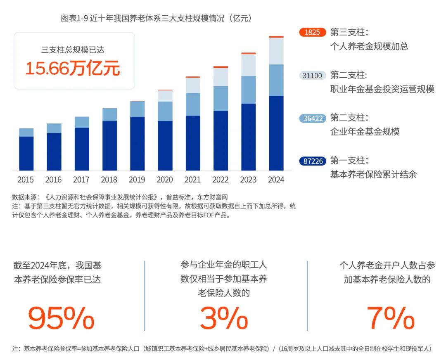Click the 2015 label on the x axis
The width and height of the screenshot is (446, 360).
[26, 180]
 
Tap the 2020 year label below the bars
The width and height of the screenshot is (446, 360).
[165, 180]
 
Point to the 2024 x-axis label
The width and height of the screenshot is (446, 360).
[276, 180]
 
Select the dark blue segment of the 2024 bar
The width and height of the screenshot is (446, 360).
[276, 133]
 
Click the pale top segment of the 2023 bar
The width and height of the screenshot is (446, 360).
[248, 65]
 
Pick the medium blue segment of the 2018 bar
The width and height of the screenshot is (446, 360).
[109, 114]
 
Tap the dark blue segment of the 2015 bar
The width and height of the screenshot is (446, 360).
[26, 153]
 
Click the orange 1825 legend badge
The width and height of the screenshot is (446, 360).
[312, 32]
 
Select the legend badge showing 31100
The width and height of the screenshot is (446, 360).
[312, 76]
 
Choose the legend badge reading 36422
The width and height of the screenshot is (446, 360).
[312, 118]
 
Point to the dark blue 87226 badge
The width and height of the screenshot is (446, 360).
[312, 161]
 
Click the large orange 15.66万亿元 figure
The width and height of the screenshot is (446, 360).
[73, 68]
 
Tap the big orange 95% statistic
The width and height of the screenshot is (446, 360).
[61, 318]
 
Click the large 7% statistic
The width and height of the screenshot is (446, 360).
[390, 318]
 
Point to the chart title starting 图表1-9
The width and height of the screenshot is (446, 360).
[156, 18]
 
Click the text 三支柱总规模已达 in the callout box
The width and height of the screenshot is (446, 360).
[73, 50]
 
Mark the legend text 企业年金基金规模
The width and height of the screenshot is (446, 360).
[365, 132]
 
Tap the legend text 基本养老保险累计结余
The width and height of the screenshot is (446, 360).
[373, 174]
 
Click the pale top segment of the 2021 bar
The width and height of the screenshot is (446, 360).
[193, 85]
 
